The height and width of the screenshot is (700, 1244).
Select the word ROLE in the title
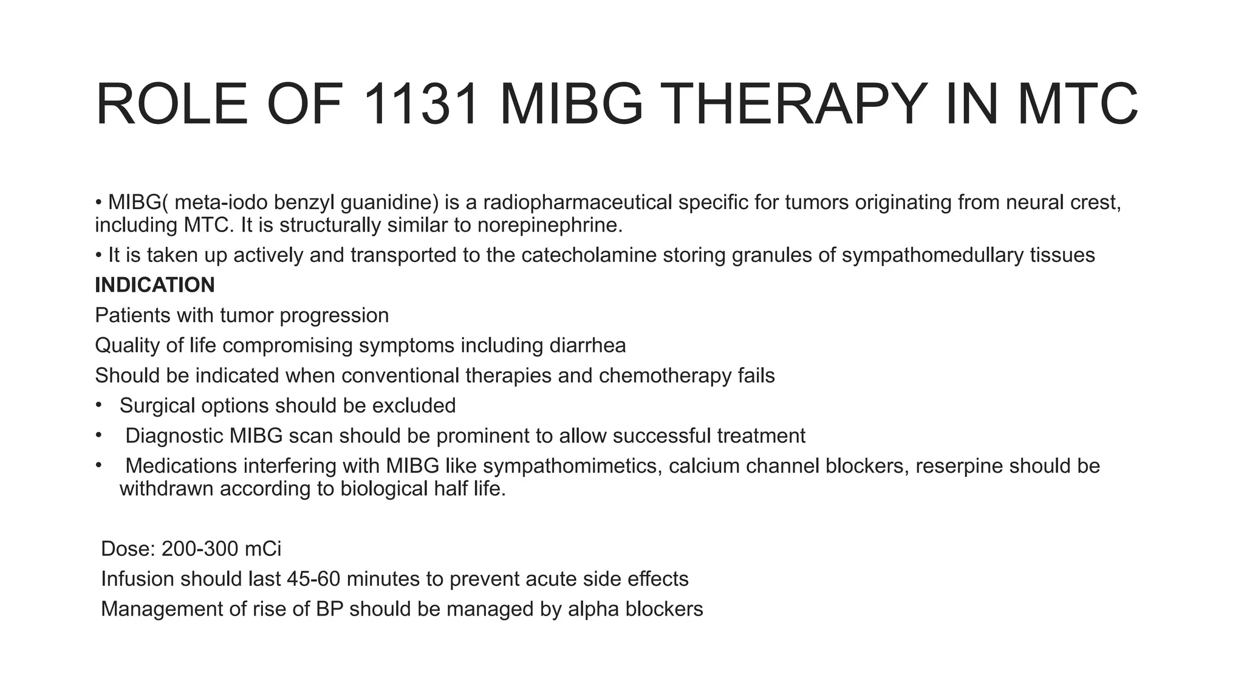coord(172,105)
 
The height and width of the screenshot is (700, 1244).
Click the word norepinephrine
coord(550,225)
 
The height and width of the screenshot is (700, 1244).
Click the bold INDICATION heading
coord(155,285)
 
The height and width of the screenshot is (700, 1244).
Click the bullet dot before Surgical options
coord(98,405)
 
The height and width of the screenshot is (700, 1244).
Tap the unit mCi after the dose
coord(262,549)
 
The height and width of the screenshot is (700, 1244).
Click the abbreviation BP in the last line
coord(330,609)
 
